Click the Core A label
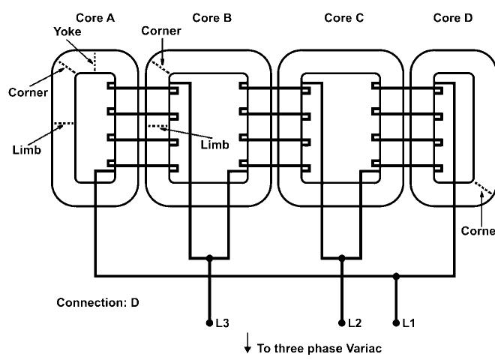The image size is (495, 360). click(x=94, y=17)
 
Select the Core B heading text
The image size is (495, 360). click(x=212, y=17)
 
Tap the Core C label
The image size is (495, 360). click(x=344, y=17)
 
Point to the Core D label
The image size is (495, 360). click(x=453, y=17)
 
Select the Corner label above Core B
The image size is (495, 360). click(x=161, y=31)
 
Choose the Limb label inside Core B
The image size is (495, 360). click(x=214, y=144)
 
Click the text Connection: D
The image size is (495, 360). click(x=97, y=303)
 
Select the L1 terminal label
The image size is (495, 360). click(x=408, y=323)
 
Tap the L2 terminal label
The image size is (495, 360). click(x=354, y=323)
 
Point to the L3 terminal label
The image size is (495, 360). click(x=221, y=323)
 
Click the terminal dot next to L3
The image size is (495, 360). click(x=209, y=323)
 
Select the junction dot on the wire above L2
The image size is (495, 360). click(x=341, y=258)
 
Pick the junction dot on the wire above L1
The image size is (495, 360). click(x=396, y=276)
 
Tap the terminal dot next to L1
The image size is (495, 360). click(x=396, y=323)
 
